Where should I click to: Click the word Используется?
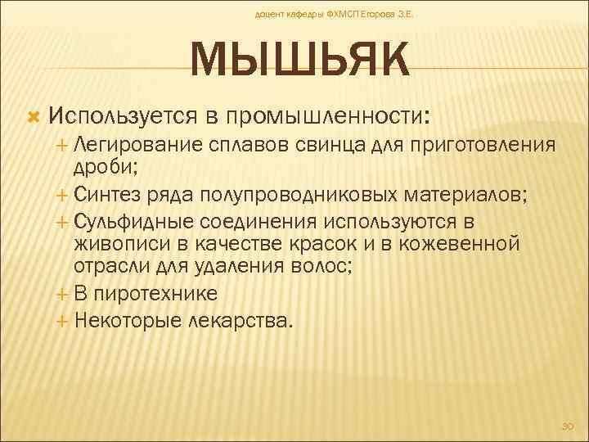click(135, 115)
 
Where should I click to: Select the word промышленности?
click(328, 115)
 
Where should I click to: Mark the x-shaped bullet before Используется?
click(34, 117)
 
